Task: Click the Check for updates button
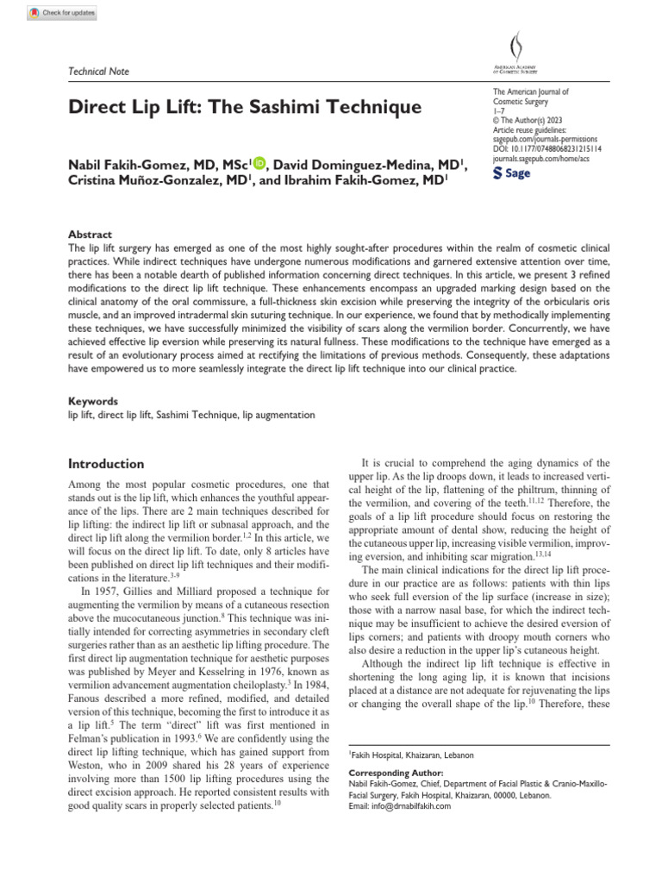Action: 62,13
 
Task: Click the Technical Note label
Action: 99,71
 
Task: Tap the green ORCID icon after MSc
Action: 260,164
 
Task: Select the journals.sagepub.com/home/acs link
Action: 541,158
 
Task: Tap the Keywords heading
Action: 93,401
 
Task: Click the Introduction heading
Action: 106,463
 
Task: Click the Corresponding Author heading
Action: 397,773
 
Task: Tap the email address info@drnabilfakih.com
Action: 401,806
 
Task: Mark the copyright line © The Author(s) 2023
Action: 531,120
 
